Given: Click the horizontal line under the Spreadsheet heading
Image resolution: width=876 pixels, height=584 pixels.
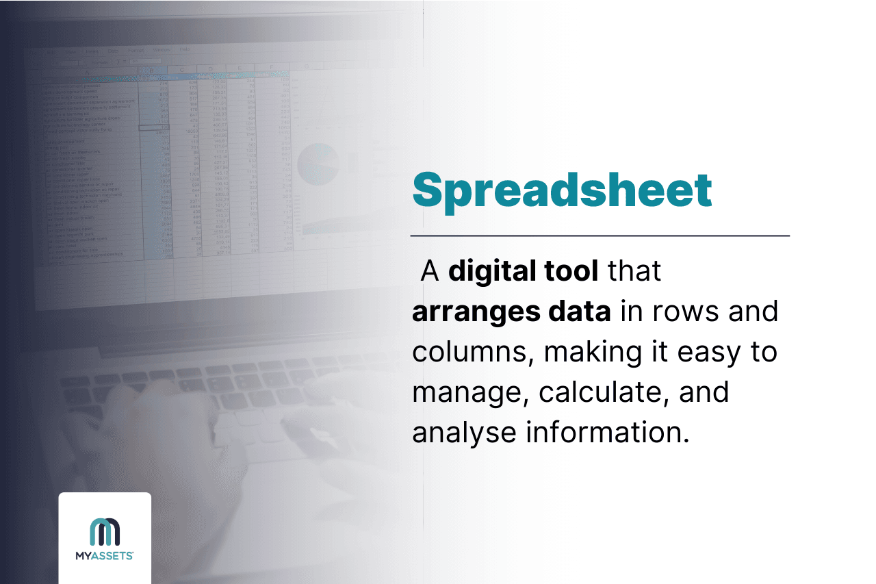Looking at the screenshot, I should click(x=600, y=236).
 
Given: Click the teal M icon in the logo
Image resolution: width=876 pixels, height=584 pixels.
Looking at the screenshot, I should click(x=105, y=531).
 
